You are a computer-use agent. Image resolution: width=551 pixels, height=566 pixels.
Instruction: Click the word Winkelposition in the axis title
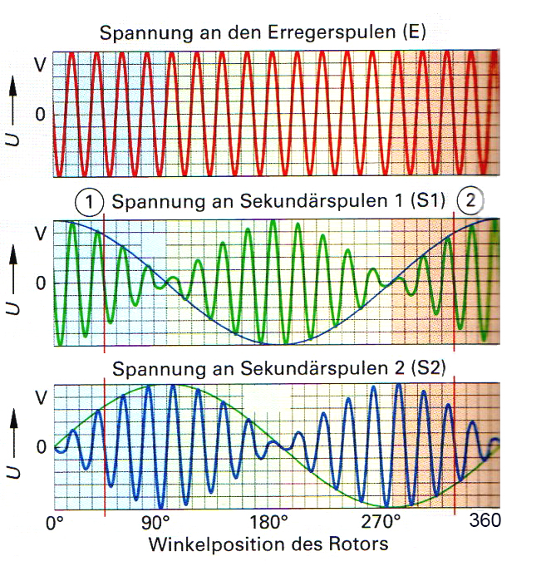point(209,544)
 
